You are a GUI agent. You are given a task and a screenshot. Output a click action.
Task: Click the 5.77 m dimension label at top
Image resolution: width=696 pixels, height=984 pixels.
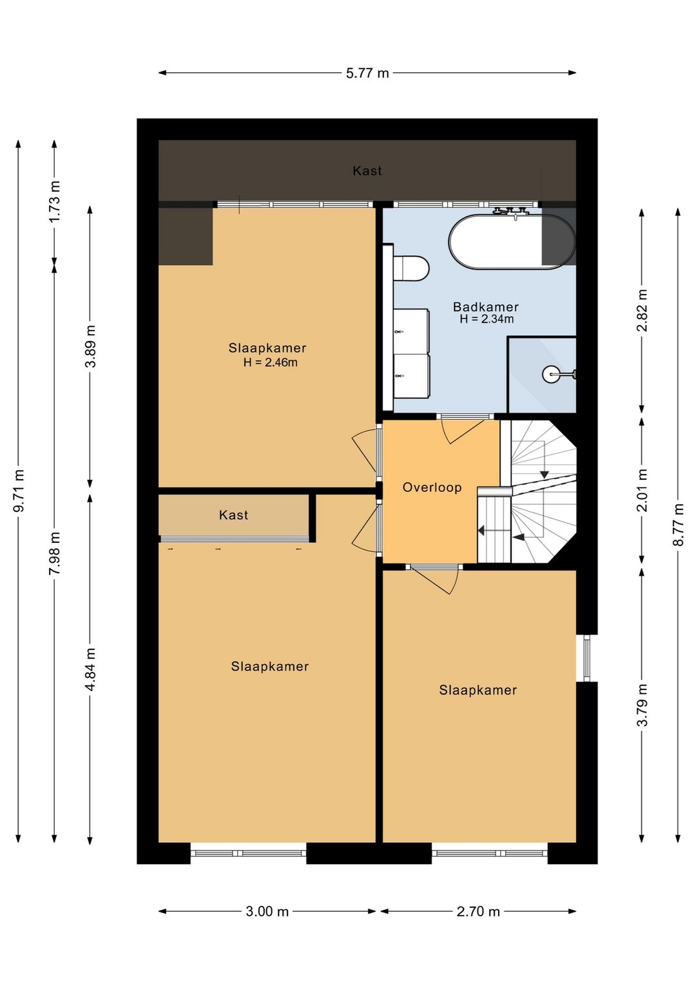pos(367,73)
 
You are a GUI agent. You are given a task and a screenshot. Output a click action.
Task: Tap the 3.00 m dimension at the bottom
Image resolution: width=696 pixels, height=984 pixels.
pos(267,911)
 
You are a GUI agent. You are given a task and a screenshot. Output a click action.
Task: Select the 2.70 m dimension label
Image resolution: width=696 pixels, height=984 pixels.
pos(478,911)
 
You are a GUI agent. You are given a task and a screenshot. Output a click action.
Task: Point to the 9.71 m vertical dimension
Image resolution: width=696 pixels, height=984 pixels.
pos(19,491)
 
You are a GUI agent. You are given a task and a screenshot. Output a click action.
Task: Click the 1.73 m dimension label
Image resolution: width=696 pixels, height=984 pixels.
pos(55,202)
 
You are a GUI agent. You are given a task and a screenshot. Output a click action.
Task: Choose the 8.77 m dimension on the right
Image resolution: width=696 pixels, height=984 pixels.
pos(678,525)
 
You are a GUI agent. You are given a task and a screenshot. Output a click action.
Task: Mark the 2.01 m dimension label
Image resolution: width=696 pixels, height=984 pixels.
pos(642,490)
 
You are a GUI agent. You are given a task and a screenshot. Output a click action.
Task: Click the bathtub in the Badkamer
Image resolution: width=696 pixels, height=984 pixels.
pos(511,242)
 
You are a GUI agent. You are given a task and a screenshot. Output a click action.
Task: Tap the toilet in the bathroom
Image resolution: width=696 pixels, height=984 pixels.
pos(411,268)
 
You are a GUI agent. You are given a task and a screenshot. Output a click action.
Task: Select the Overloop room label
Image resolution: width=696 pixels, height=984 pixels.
pos(432,487)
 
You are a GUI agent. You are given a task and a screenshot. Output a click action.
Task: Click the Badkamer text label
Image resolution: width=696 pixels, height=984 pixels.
pos(485,307)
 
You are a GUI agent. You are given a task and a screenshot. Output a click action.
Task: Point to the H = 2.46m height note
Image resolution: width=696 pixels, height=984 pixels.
pos(270,362)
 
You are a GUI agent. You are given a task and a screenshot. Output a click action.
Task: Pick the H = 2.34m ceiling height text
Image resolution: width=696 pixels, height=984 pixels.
pos(487,319)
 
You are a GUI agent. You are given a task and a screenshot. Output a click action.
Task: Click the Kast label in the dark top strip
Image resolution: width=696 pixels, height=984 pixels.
pos(367,171)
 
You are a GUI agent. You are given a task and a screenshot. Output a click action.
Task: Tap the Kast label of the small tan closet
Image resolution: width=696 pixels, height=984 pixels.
pos(233,515)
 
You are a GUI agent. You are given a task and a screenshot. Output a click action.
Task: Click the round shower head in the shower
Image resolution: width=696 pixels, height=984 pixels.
pos(551,374)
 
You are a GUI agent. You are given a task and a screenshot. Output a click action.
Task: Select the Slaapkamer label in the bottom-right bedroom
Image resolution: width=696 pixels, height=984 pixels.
pos(478,690)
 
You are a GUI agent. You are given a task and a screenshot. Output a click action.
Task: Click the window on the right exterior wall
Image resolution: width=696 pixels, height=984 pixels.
pos(586,658)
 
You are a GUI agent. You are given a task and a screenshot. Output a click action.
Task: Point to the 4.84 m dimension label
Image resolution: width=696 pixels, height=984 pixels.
pos(91,669)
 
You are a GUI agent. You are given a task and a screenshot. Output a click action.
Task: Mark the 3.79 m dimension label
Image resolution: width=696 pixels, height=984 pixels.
pos(642,705)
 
